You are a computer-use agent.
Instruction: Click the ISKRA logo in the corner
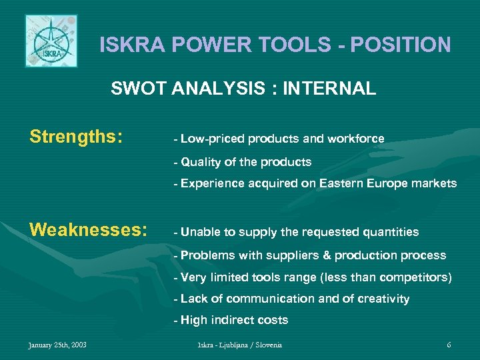point(51,41)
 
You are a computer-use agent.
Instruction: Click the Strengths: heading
point(76,137)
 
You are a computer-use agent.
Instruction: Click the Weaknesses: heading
point(88,230)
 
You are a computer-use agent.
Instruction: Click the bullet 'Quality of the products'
point(243,161)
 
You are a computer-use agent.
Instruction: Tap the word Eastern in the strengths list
point(344,183)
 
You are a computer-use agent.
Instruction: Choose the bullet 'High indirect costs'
point(231,320)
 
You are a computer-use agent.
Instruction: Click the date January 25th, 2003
point(57,345)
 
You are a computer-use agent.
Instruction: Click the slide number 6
point(449,345)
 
